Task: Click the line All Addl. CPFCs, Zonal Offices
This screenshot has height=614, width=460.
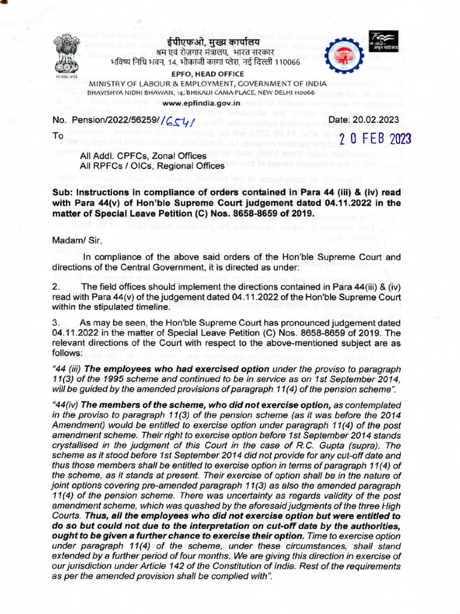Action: coord(144,156)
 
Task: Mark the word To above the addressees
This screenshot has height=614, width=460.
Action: coord(57,136)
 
